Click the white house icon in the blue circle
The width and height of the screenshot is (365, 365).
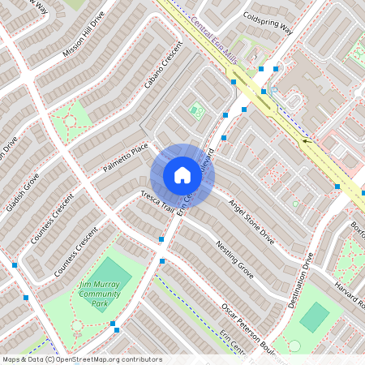(x=182, y=174)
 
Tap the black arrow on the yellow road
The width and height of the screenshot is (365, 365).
(x=307, y=140)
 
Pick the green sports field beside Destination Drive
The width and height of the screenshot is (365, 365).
(x=314, y=316)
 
